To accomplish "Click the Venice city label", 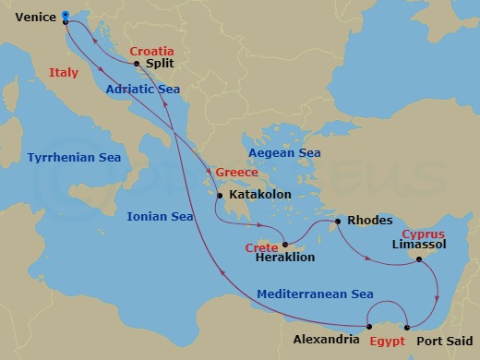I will click(30, 16).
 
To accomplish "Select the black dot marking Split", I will click(137, 64).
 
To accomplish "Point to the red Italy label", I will click(65, 72).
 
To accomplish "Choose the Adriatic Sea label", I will click(141, 90).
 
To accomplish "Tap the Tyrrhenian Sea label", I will click(70, 158).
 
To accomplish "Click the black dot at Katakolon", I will click(220, 196).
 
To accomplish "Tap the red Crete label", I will click(262, 247).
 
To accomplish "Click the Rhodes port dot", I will click(339, 222).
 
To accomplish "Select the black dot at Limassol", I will click(419, 259).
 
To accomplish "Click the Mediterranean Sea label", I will click(315, 294).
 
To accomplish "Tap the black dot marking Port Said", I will click(407, 325).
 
